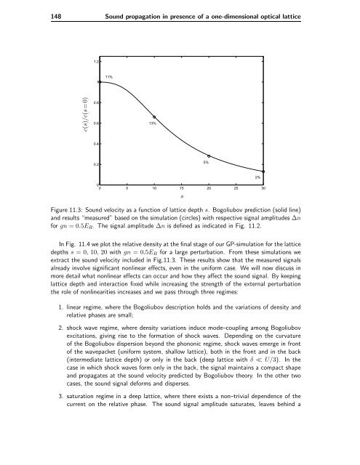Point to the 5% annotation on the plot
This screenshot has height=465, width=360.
[207, 163]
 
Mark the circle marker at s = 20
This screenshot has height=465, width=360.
[209, 156]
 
